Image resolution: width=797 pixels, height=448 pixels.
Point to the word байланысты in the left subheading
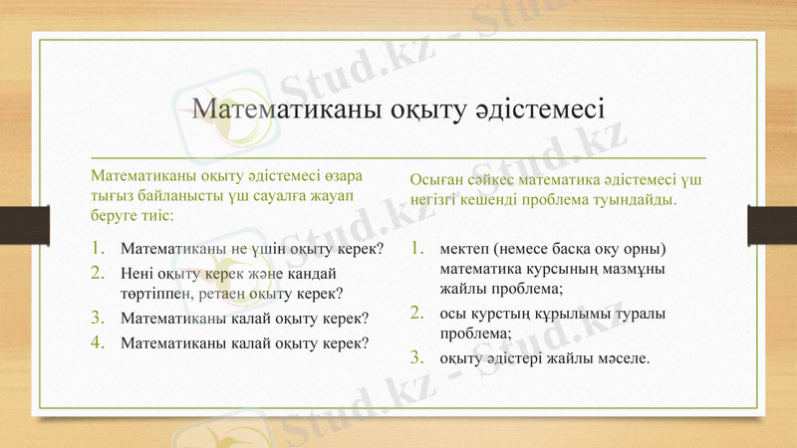(x=177, y=196)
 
